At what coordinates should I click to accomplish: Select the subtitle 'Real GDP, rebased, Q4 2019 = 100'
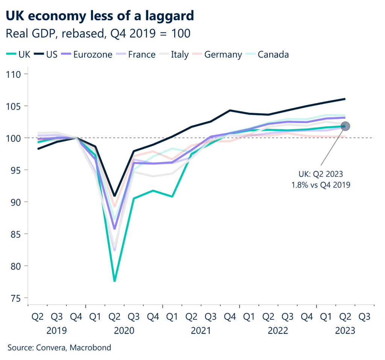pyautogui.click(x=99, y=34)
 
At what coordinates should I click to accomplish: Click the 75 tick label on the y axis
pyautogui.click(x=17, y=298)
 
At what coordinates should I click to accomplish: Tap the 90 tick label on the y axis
pyautogui.click(x=17, y=202)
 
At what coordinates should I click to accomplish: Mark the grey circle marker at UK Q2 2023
pyautogui.click(x=345, y=126)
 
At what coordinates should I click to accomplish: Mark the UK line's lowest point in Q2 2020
pyautogui.click(x=114, y=281)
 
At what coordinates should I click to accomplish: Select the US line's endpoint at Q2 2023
pyautogui.click(x=345, y=99)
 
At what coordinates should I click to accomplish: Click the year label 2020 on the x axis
pyautogui.click(x=124, y=331)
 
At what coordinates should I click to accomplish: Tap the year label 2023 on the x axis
pyautogui.click(x=345, y=331)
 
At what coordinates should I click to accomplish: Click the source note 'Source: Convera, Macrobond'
pyautogui.click(x=59, y=348)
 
